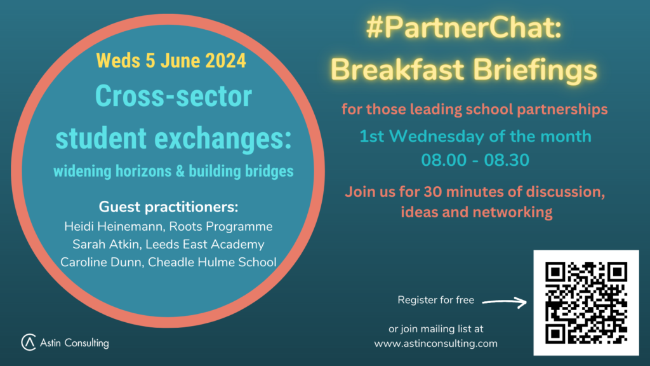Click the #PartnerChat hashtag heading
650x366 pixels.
(x=463, y=28)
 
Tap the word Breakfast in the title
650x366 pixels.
(x=397, y=69)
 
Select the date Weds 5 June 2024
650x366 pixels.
(x=171, y=60)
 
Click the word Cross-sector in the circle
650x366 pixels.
(x=173, y=97)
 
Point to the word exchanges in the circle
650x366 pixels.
(x=223, y=138)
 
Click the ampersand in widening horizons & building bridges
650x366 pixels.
(x=180, y=171)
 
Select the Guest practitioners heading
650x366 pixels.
(x=168, y=207)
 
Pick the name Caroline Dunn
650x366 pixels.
(x=101, y=262)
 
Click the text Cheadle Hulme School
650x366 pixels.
(x=212, y=262)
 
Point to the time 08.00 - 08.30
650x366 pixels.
(x=475, y=160)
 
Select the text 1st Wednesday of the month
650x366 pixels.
(x=475, y=137)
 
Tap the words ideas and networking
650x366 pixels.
(x=477, y=212)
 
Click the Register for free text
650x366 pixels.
(x=435, y=300)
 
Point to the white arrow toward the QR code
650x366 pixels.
(x=505, y=302)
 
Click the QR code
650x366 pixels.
(x=586, y=303)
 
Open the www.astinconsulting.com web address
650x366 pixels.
(x=435, y=344)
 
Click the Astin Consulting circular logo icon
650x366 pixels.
(x=29, y=342)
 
